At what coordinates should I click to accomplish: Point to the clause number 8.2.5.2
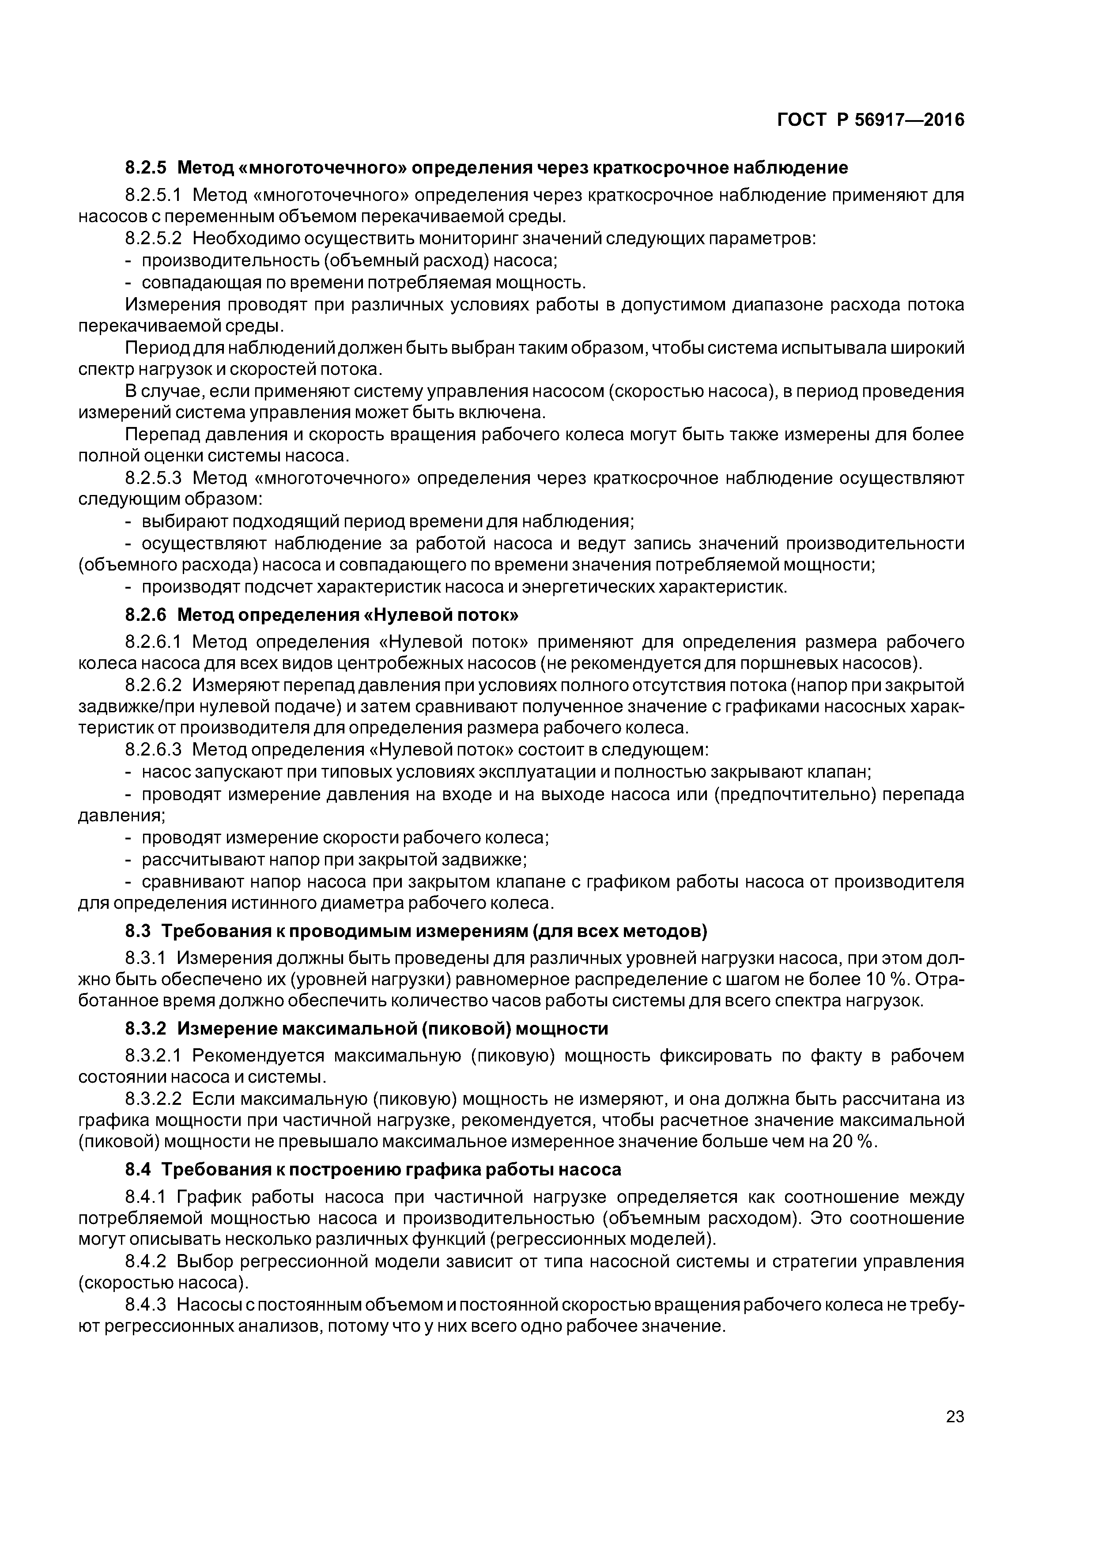pyautogui.click(x=154, y=239)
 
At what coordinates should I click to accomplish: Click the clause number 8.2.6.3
pyautogui.click(x=154, y=749)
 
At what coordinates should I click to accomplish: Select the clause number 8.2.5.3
pyautogui.click(x=154, y=478)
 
